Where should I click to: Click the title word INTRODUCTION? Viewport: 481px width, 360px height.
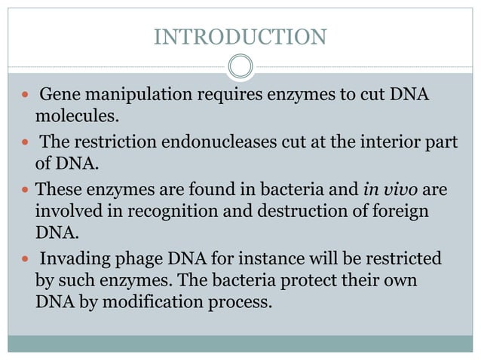240,36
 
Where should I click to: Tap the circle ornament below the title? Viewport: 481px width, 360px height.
240,66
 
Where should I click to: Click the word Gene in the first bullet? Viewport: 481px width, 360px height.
57,96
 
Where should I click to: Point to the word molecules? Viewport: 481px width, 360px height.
75,117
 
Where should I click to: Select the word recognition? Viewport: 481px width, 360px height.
153,211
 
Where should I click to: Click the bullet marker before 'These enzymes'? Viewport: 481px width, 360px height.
26,191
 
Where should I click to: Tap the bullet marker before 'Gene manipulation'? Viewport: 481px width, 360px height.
26,96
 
